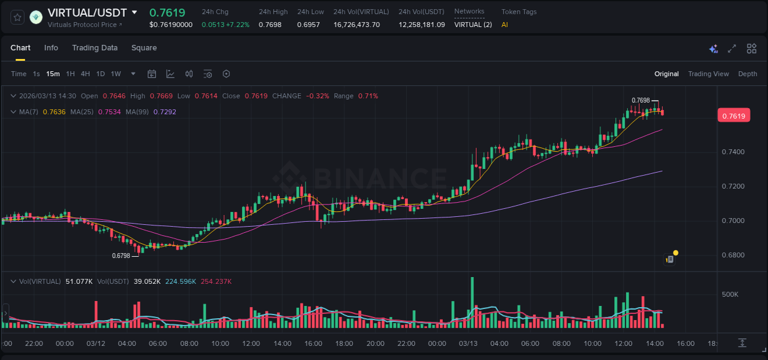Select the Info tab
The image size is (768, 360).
[x=51, y=48]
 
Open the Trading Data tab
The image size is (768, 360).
[x=95, y=48]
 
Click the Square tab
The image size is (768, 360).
[x=144, y=48]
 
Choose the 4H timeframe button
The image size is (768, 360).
[x=85, y=74]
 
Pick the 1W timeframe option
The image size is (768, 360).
[x=116, y=74]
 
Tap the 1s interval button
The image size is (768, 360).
[x=36, y=74]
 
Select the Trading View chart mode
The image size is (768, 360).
[x=708, y=74]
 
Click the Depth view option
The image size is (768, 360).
[x=748, y=74]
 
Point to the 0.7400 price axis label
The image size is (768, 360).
[x=732, y=152]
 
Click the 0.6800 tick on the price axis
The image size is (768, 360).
[x=732, y=255]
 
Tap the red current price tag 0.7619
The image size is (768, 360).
[x=734, y=116]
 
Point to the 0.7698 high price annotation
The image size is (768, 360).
[x=640, y=100]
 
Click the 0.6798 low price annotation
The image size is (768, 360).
[x=121, y=256]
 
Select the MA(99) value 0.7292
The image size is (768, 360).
[x=165, y=112]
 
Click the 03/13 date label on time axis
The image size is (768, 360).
[x=468, y=343]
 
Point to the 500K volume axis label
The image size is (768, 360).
[x=730, y=294]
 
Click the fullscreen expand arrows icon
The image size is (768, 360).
[x=732, y=49]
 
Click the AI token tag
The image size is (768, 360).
[x=504, y=25]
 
